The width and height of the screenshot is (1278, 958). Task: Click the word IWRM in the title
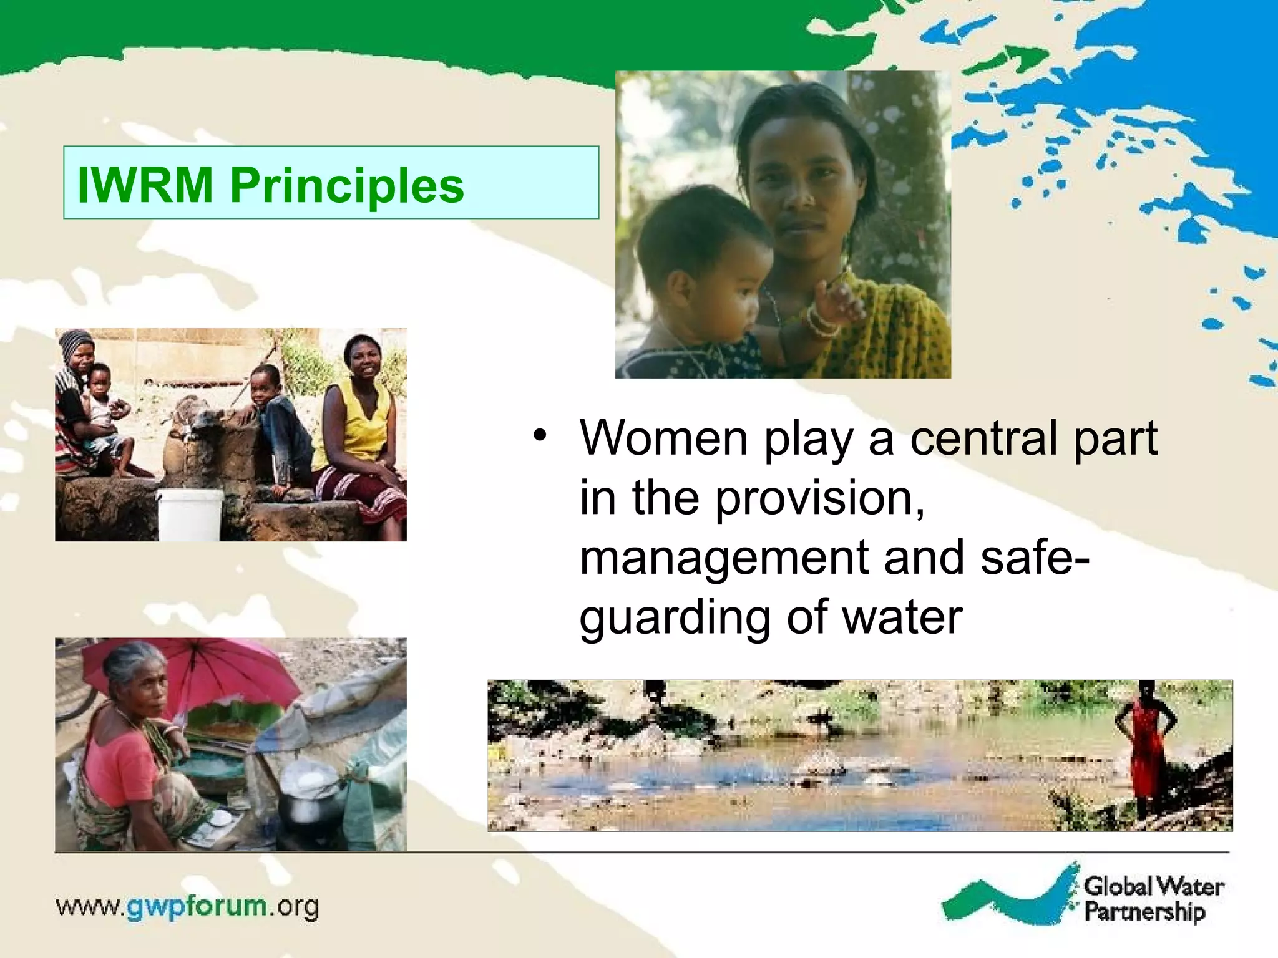click(145, 185)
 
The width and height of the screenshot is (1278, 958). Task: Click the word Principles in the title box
click(347, 185)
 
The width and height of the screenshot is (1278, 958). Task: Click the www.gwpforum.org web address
click(187, 906)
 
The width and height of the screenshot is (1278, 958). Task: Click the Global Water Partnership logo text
click(1153, 899)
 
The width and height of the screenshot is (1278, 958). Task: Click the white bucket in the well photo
click(190, 514)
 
